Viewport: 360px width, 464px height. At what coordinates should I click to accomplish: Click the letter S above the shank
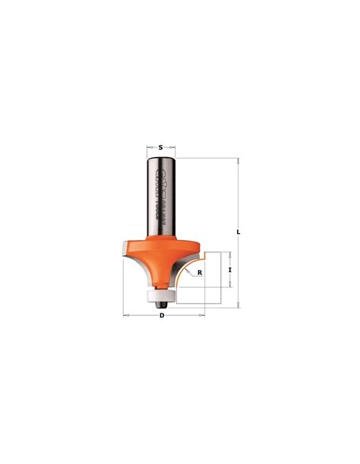tap(161, 141)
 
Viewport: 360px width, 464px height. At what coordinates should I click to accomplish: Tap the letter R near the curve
tap(200, 272)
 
